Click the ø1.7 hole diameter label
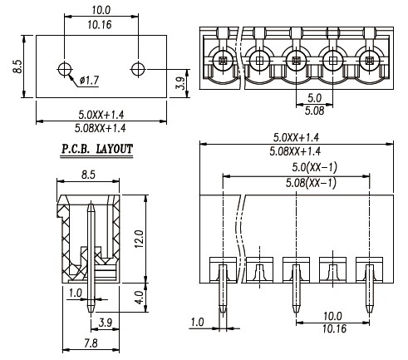(x=89, y=81)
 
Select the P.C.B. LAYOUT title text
(x=96, y=149)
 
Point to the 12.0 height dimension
(x=140, y=239)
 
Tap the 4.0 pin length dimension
(x=140, y=298)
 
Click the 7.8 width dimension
(x=91, y=343)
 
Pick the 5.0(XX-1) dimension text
(x=314, y=167)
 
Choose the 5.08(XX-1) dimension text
(x=311, y=183)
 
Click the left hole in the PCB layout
(x=65, y=69)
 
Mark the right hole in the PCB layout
(x=138, y=69)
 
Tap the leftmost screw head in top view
(x=223, y=60)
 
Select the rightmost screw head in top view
(x=369, y=60)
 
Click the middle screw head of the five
(x=296, y=60)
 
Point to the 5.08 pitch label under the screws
(x=314, y=111)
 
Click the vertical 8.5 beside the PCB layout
(x=17, y=67)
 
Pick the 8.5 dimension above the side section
(x=88, y=175)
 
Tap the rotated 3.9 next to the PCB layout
(x=181, y=83)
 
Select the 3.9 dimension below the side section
(x=106, y=323)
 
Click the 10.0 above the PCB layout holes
(x=101, y=10)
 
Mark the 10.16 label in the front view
(x=334, y=328)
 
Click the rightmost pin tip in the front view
(x=369, y=313)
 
